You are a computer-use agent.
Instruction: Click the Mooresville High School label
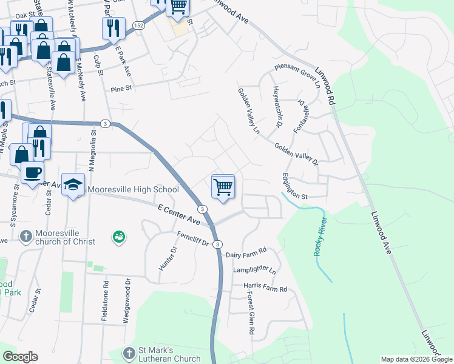134,189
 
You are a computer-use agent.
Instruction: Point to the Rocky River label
319,237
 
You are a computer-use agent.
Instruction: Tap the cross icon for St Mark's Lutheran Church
129,354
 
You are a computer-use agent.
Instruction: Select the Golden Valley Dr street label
296,154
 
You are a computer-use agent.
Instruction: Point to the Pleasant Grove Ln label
297,76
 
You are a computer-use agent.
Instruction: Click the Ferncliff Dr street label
193,239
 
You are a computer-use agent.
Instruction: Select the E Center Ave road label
178,214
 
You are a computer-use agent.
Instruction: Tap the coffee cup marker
32,172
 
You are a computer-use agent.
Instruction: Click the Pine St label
121,88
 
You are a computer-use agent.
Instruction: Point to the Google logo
20,357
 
